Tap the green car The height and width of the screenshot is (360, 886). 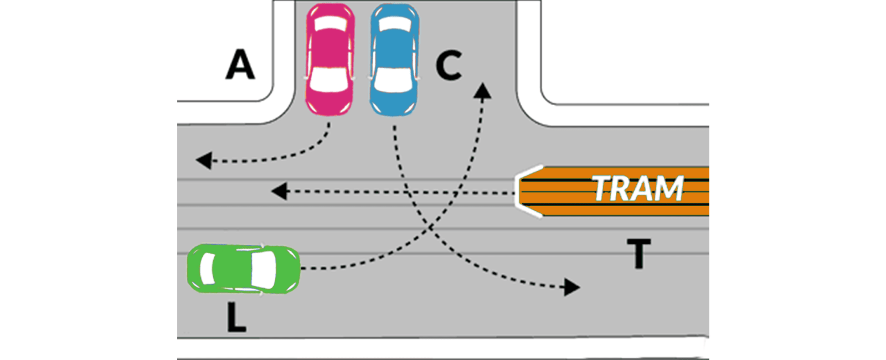(x=244, y=269)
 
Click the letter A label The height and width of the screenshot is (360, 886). (x=240, y=65)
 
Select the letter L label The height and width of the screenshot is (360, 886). (x=236, y=318)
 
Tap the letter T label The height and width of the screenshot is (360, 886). (x=638, y=253)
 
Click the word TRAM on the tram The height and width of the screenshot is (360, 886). (x=638, y=189)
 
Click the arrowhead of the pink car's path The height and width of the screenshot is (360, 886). (x=203, y=161)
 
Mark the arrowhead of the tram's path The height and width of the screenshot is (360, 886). (x=279, y=192)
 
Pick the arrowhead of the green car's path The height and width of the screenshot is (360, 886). (x=483, y=90)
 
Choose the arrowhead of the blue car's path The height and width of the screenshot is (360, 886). (x=572, y=287)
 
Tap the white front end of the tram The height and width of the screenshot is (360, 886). (x=523, y=191)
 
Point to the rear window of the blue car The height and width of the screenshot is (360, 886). (x=394, y=24)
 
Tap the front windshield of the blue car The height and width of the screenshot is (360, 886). (x=393, y=80)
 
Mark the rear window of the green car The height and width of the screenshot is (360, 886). (x=207, y=268)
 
